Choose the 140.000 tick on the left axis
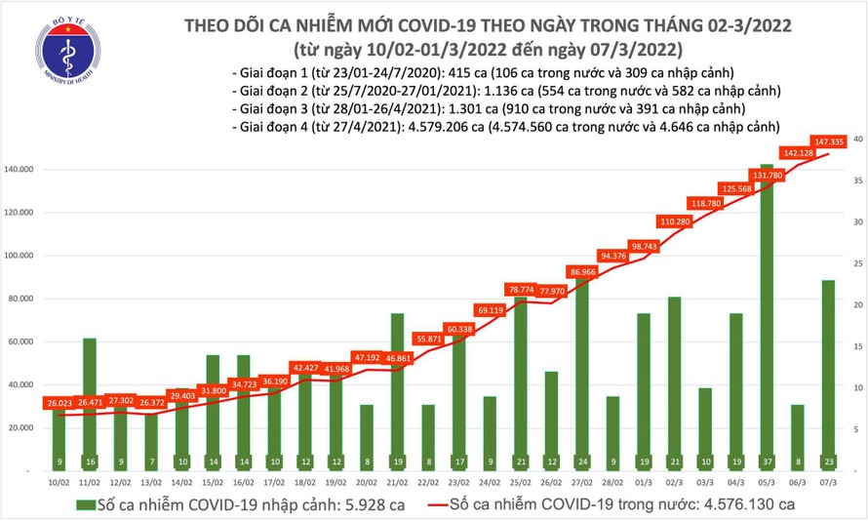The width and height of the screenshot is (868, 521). coord(20,170)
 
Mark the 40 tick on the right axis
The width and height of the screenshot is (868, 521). coord(856,140)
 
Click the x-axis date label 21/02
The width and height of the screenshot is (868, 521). coord(397,482)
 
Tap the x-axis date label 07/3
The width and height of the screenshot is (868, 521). coord(827,482)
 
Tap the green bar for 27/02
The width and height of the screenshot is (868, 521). coord(581,371)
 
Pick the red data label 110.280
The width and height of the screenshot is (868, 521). coord(675,222)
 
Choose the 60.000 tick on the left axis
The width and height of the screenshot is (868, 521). coord(21,341)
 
